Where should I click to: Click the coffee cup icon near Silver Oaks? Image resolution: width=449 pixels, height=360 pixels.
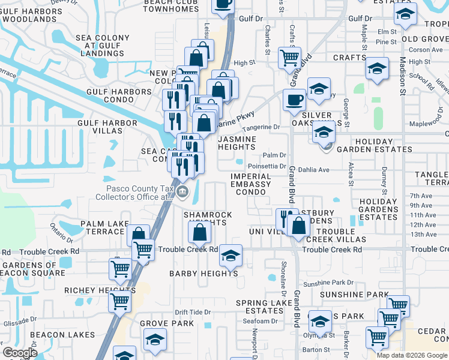[294, 100]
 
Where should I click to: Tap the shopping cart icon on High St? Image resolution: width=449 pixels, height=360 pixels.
[290, 58]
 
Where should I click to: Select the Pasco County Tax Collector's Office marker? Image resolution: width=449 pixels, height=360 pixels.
[184, 193]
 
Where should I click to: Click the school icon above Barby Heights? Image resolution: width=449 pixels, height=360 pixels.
[230, 255]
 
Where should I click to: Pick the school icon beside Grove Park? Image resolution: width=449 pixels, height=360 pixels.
[155, 340]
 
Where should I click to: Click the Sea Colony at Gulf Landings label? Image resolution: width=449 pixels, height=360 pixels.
[103, 46]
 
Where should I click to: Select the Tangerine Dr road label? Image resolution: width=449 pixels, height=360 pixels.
[261, 128]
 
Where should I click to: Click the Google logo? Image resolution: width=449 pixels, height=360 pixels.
[20, 353]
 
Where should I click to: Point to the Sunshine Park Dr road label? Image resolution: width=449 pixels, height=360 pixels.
[328, 283]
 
